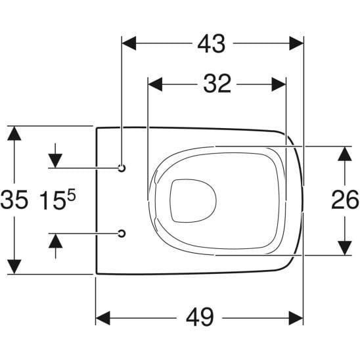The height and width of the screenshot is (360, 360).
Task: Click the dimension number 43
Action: pos(212,43)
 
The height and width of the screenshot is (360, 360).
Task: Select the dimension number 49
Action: pos(200,318)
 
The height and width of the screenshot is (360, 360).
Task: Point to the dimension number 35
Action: pos(14,199)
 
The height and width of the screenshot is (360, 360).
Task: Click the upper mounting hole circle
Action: pos(122,168)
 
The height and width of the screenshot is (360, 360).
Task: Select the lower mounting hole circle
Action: pos(122,232)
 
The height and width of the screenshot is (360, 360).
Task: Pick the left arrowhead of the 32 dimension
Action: pos(156,84)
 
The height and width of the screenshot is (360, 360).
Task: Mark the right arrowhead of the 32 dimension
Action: pos(279,84)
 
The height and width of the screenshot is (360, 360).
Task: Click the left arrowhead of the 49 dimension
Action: pos(104,318)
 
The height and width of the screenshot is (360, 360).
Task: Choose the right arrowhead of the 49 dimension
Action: pos(296,318)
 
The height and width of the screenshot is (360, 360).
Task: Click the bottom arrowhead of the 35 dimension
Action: pos(14,267)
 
